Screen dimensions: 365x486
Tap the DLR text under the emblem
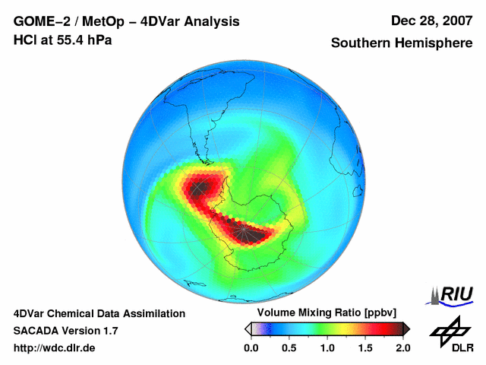pos(462,348)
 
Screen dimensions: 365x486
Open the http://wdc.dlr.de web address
pos(55,348)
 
